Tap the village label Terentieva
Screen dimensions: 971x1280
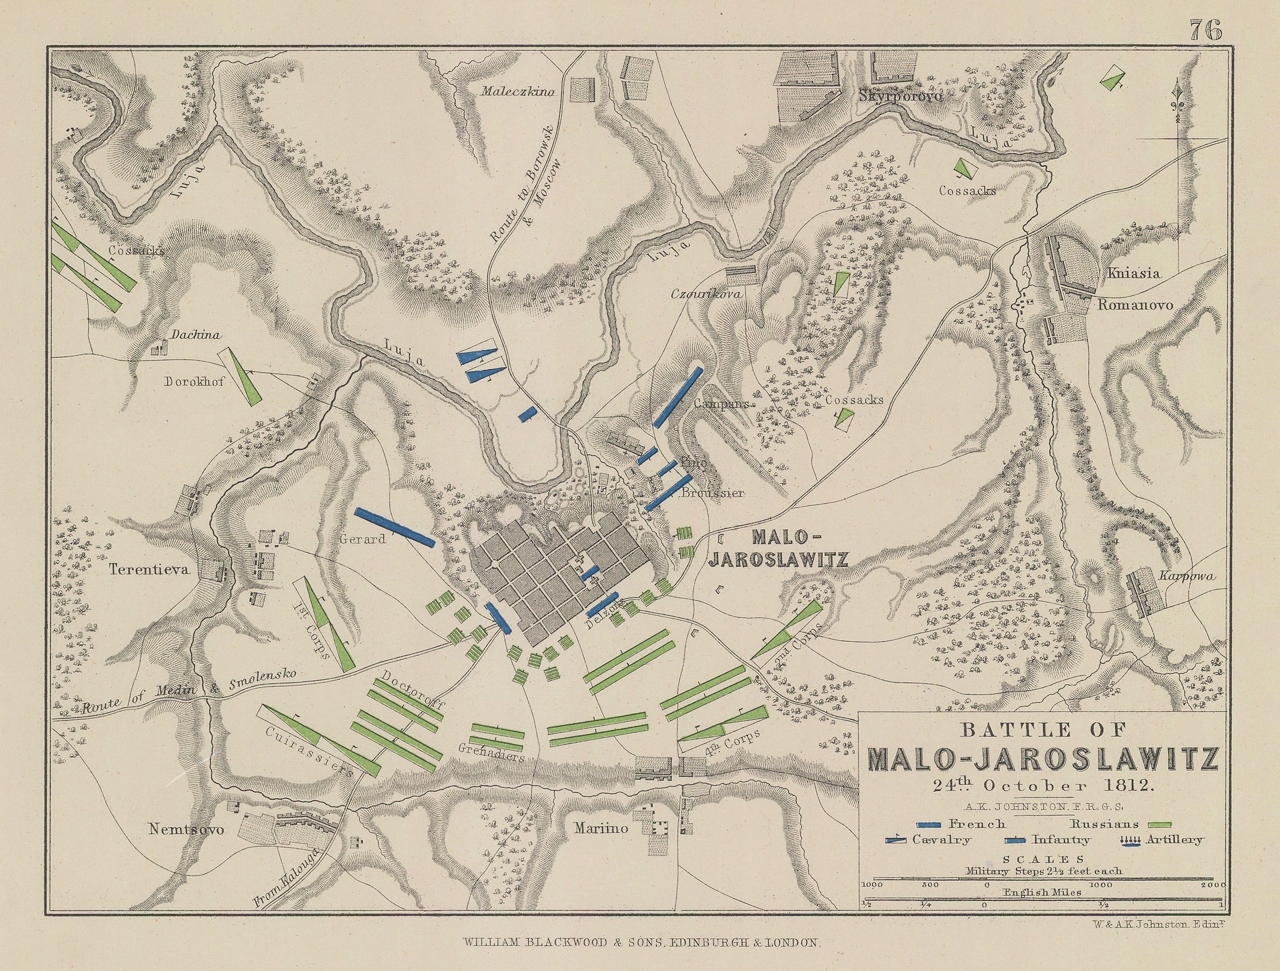tap(149, 569)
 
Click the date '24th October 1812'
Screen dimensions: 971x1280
tap(1039, 786)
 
